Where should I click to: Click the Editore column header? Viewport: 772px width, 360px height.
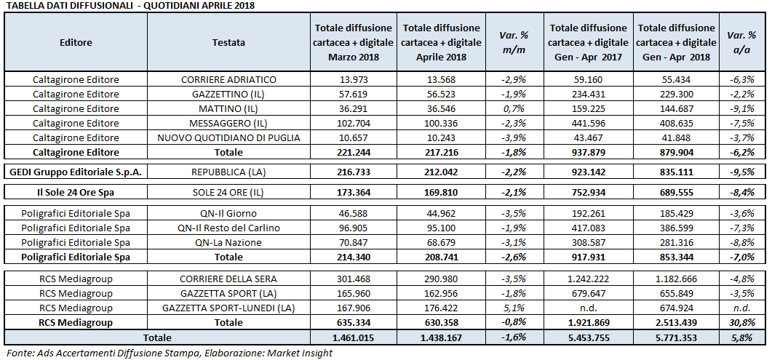point(76,42)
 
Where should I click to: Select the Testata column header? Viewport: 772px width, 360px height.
point(228,42)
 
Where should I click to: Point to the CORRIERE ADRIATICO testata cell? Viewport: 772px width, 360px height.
point(228,79)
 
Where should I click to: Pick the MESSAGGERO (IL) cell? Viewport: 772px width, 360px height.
point(228,123)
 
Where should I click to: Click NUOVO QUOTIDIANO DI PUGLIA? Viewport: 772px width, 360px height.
point(228,137)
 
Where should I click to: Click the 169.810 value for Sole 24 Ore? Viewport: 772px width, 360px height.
point(434,192)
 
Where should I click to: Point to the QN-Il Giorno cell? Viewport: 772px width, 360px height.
point(228,213)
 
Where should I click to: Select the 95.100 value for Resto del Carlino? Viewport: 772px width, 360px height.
point(434,228)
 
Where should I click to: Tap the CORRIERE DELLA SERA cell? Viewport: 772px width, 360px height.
point(228,279)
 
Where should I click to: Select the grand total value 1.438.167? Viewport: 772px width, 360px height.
point(434,337)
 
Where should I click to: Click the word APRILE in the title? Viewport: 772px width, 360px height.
point(206,5)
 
